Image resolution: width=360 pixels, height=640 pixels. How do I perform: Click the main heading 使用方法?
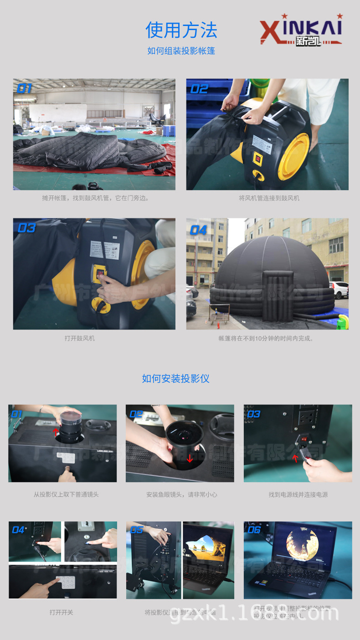181,31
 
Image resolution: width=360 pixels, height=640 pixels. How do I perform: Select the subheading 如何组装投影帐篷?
181,51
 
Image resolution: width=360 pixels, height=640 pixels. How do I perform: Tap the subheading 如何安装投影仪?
175,378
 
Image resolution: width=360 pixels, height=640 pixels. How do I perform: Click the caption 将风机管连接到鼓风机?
269,198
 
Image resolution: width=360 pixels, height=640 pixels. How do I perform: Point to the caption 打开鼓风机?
80,339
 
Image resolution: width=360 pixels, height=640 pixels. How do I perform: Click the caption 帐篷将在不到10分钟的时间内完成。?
266,339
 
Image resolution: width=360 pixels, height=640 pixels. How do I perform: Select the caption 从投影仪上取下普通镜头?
66,495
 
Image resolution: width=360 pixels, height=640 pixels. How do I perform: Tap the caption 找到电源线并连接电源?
298,495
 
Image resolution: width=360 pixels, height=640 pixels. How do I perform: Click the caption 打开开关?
62,612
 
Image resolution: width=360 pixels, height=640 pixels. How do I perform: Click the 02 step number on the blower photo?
199,89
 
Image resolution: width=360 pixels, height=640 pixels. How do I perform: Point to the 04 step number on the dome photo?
199,230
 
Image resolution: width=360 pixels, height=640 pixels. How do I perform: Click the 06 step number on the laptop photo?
254,530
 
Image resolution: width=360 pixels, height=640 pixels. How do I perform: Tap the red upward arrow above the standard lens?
56,431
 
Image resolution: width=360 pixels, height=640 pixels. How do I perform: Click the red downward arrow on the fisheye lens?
190,458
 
